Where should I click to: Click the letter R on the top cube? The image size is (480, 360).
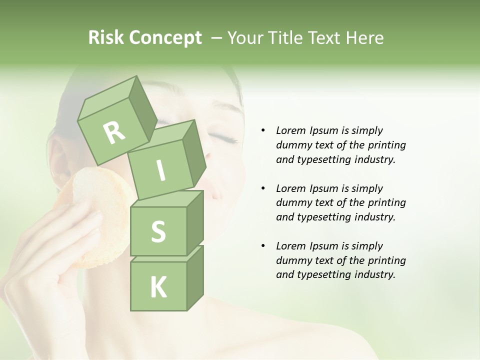point(114,132)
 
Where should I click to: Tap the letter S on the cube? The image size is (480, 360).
point(158,232)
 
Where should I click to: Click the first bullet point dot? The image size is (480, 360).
point(263,130)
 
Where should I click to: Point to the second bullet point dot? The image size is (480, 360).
point(263,188)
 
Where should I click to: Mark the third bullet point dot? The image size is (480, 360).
point(263,246)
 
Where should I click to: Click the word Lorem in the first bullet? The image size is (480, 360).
point(291,130)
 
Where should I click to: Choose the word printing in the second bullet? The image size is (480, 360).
point(387,202)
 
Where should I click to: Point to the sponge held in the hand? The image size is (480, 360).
point(90,210)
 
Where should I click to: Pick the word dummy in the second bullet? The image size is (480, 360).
point(293,202)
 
